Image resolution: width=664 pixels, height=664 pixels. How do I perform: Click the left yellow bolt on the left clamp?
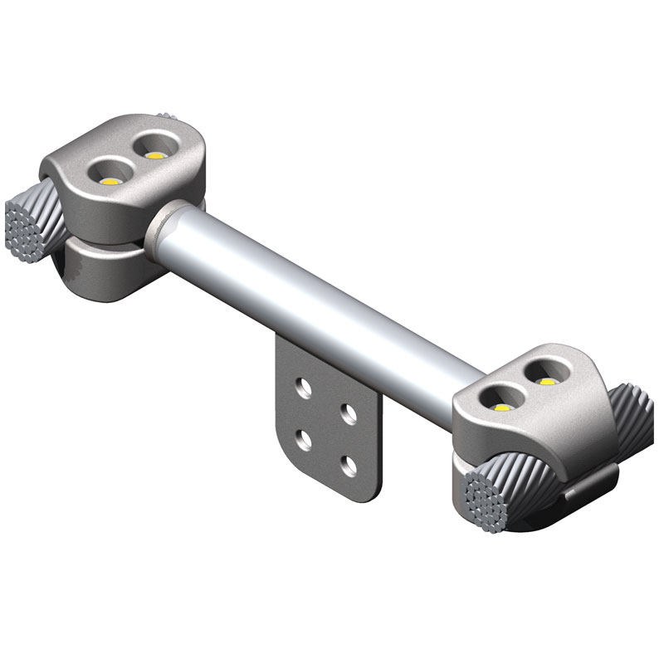110,178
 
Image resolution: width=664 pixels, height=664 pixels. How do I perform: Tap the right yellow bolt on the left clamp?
154,154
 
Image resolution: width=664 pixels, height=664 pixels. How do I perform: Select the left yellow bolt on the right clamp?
501,407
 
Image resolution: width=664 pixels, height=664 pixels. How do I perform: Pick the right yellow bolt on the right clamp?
545,382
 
